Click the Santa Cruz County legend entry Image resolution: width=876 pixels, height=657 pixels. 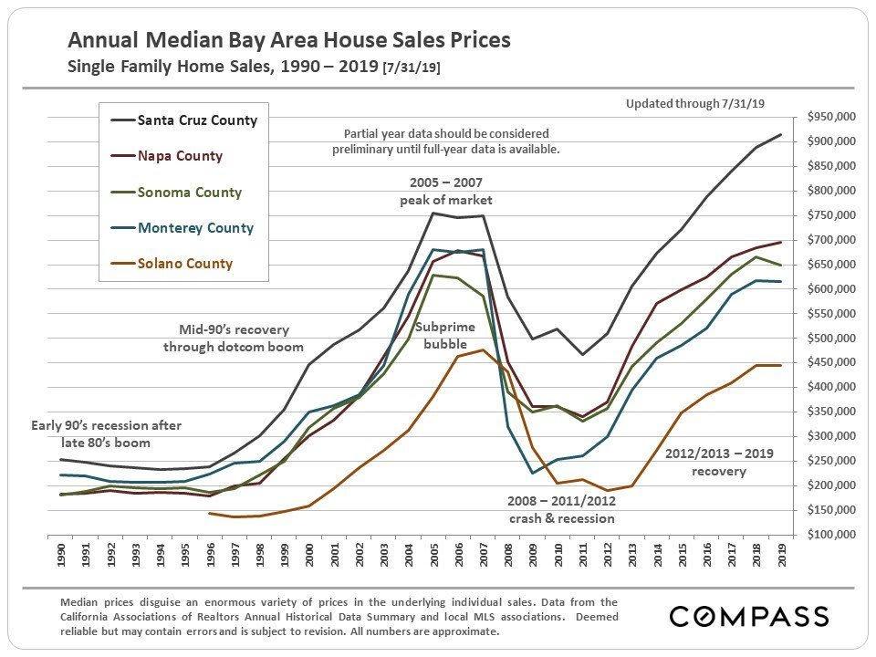pos(196,120)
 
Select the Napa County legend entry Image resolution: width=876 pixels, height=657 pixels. pos(180,156)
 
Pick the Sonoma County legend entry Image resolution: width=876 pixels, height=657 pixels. pos(189,193)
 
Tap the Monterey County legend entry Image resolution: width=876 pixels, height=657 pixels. pos(195,228)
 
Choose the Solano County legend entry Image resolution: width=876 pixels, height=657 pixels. pos(184,264)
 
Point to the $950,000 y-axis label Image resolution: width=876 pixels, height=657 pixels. pos(830,118)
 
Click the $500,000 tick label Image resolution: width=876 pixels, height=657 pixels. pos(830,339)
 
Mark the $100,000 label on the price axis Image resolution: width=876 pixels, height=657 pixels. pos(830,535)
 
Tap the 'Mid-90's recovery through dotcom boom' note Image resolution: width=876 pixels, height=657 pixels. pos(234,339)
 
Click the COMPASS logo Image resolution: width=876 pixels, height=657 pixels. pos(749,616)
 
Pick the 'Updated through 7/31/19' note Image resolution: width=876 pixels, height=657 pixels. pos(695,103)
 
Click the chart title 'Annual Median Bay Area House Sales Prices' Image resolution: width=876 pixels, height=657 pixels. pos(289,41)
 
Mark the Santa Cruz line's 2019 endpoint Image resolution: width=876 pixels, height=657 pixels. pos(781,135)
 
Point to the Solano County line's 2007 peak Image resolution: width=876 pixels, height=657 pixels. pos(483,349)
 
